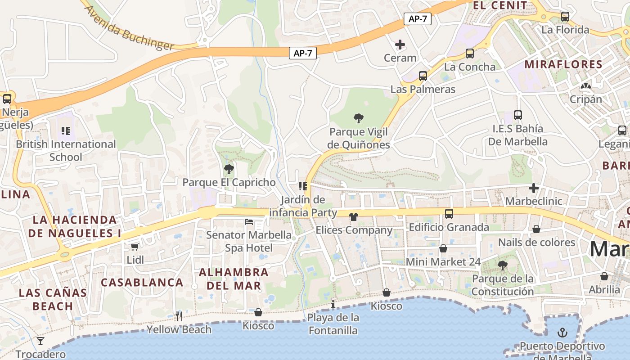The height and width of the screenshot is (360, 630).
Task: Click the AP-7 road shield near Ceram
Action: pyautogui.click(x=418, y=19)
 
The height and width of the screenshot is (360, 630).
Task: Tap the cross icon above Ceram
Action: pyautogui.click(x=400, y=45)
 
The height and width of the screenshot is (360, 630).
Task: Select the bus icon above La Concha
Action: pyautogui.click(x=470, y=54)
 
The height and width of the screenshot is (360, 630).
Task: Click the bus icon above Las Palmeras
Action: pyautogui.click(x=423, y=76)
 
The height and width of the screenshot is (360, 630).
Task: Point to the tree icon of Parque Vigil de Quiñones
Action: pyautogui.click(x=359, y=118)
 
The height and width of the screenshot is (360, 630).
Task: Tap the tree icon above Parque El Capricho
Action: pyautogui.click(x=229, y=169)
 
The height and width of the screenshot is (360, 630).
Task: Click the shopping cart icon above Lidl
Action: pyautogui.click(x=135, y=246)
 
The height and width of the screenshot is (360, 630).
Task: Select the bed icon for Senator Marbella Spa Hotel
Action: pyautogui.click(x=249, y=221)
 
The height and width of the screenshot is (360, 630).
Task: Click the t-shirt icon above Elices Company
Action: pyautogui.click(x=354, y=217)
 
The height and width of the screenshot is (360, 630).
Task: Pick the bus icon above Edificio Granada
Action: pyautogui.click(x=449, y=214)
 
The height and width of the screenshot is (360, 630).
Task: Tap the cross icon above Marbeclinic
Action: pyautogui.click(x=534, y=188)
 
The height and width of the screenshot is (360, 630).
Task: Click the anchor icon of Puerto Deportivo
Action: pyautogui.click(x=562, y=333)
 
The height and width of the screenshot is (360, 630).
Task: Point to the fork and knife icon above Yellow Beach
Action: pyautogui.click(x=179, y=316)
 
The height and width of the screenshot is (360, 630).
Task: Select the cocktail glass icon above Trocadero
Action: pyautogui.click(x=40, y=341)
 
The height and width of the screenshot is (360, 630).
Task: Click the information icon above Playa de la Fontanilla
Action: pyautogui.click(x=333, y=305)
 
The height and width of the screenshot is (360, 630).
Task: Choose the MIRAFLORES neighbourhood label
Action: pyautogui.click(x=563, y=64)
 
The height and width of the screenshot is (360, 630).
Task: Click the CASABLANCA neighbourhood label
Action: pyautogui.click(x=142, y=283)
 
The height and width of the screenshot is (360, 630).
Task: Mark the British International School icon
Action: pyautogui.click(x=66, y=131)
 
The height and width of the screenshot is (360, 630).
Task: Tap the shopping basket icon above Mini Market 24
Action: pyautogui.click(x=443, y=248)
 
